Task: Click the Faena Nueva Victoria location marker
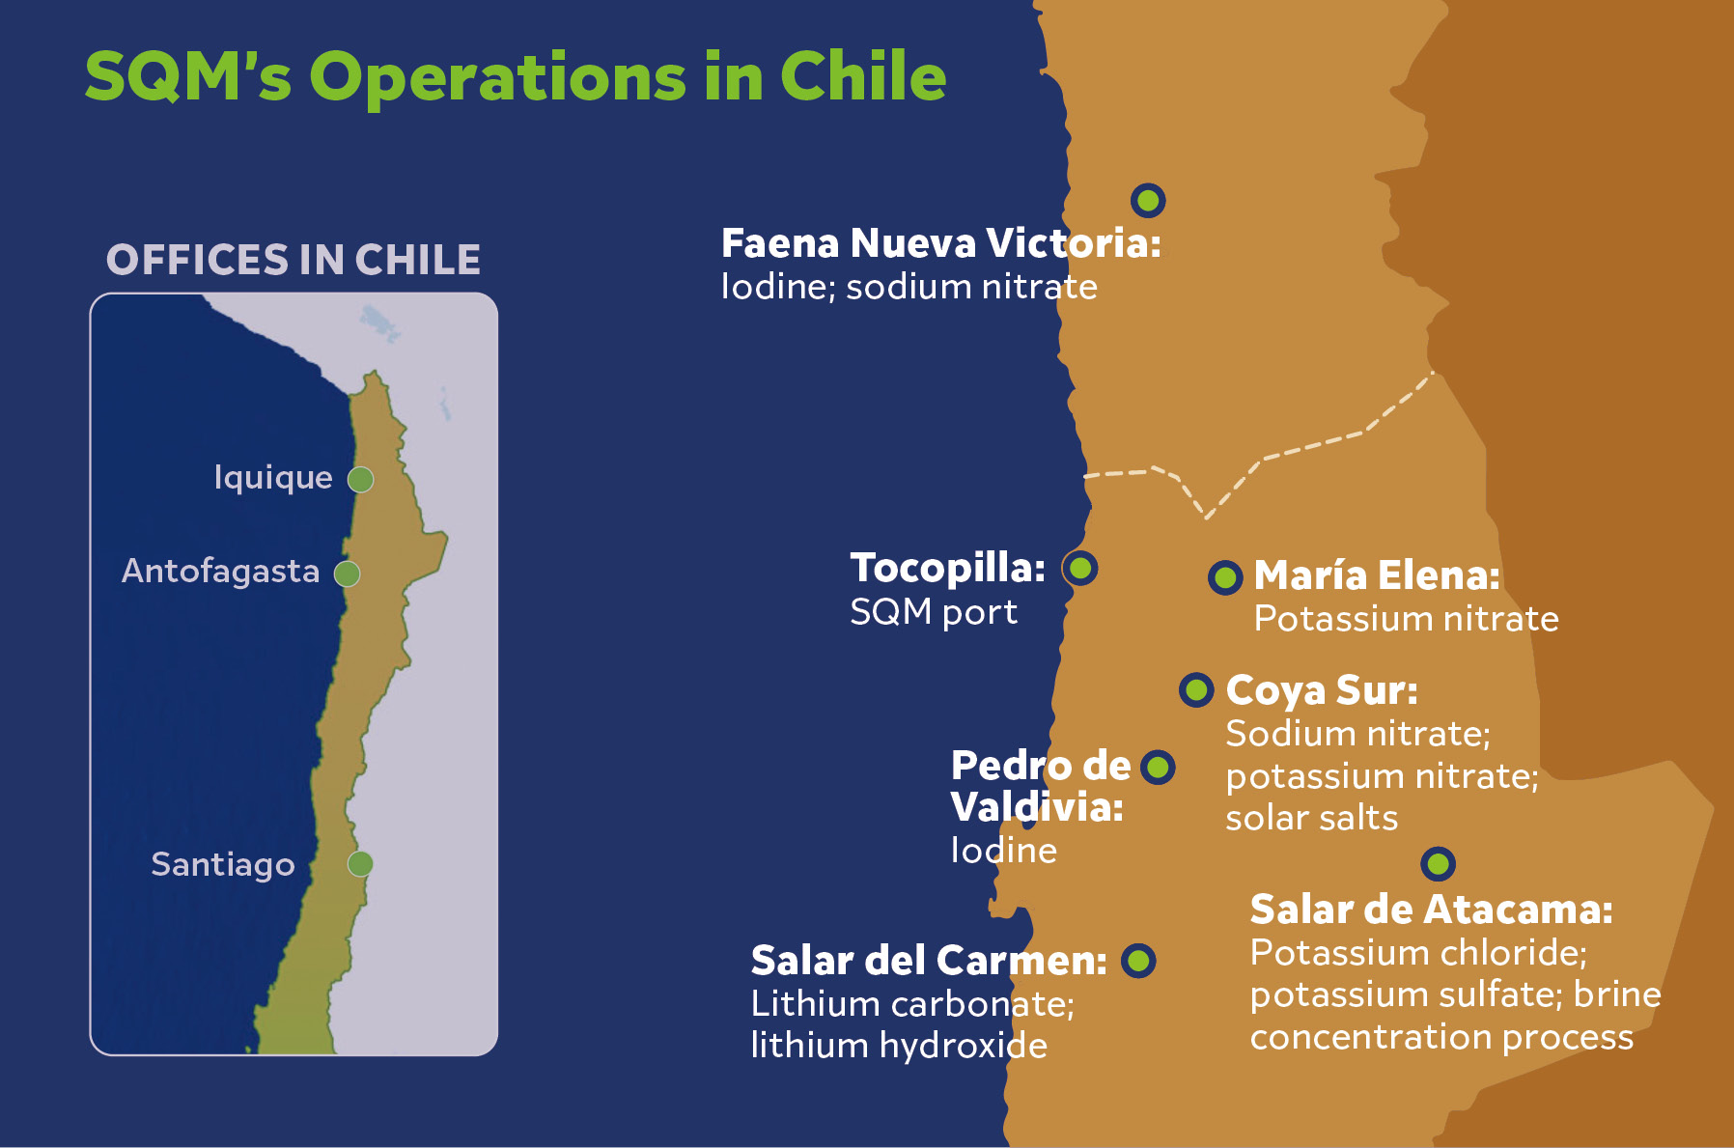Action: point(1148,200)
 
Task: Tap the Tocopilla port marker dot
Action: point(1080,568)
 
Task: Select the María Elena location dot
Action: point(1225,577)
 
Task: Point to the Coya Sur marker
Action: point(1196,689)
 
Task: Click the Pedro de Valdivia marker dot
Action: point(1158,768)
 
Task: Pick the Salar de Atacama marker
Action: point(1438,863)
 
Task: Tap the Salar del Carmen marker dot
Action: point(1138,960)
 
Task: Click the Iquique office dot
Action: point(360,479)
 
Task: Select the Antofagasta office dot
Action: point(347,574)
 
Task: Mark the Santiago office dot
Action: point(360,863)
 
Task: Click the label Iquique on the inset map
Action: point(273,478)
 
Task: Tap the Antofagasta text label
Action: point(220,572)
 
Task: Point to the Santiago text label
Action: point(223,864)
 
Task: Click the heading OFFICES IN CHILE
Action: point(294,260)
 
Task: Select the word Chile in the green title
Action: point(862,76)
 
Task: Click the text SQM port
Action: point(933,612)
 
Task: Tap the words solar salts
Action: point(1311,819)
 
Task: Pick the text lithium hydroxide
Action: point(899,1046)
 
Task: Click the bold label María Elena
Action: point(1376,575)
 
